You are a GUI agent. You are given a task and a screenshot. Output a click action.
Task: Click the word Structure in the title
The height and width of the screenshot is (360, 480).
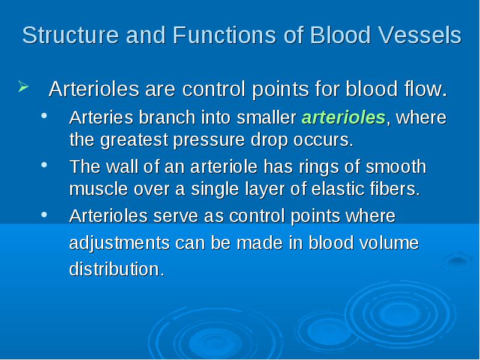click(x=70, y=35)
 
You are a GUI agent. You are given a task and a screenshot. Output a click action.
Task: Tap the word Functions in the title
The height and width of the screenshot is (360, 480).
click(x=224, y=35)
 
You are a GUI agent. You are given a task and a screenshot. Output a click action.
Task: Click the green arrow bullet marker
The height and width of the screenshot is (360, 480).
click(x=23, y=86)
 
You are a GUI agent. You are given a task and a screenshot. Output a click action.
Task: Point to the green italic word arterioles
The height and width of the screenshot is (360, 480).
click(x=343, y=118)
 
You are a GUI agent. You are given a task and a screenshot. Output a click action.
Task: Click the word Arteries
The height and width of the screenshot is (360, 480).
click(x=101, y=118)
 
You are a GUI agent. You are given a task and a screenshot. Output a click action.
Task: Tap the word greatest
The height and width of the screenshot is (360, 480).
click(x=134, y=140)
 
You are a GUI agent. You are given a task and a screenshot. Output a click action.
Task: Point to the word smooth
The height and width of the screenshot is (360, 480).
click(x=396, y=167)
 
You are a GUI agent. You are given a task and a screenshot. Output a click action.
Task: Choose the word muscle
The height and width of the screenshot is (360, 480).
click(x=98, y=189)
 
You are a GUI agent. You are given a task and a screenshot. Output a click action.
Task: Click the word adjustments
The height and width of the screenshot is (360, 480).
click(x=119, y=244)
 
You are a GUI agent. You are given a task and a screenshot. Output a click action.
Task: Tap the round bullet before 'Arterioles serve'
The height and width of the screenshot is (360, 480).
click(x=44, y=215)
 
